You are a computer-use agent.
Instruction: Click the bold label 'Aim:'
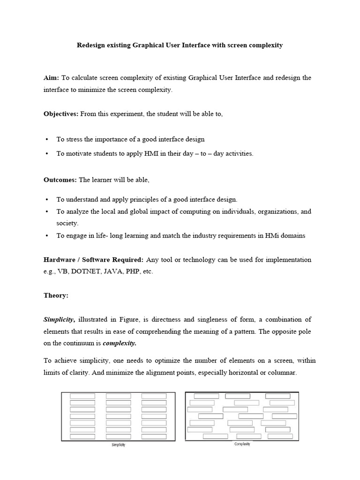coord(51,77)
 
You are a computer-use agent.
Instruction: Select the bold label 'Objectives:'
coord(61,114)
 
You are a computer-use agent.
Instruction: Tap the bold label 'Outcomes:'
coord(60,180)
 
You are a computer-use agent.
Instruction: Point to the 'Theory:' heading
coord(56,296)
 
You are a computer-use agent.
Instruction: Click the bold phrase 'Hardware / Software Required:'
coord(93,259)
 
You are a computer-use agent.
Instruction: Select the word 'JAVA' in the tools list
coord(112,271)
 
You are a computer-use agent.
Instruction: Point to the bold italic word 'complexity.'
coord(120,343)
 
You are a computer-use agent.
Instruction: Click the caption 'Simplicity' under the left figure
coord(118,445)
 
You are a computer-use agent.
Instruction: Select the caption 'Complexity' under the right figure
coord(242,444)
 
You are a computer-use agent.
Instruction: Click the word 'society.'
coord(67,224)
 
